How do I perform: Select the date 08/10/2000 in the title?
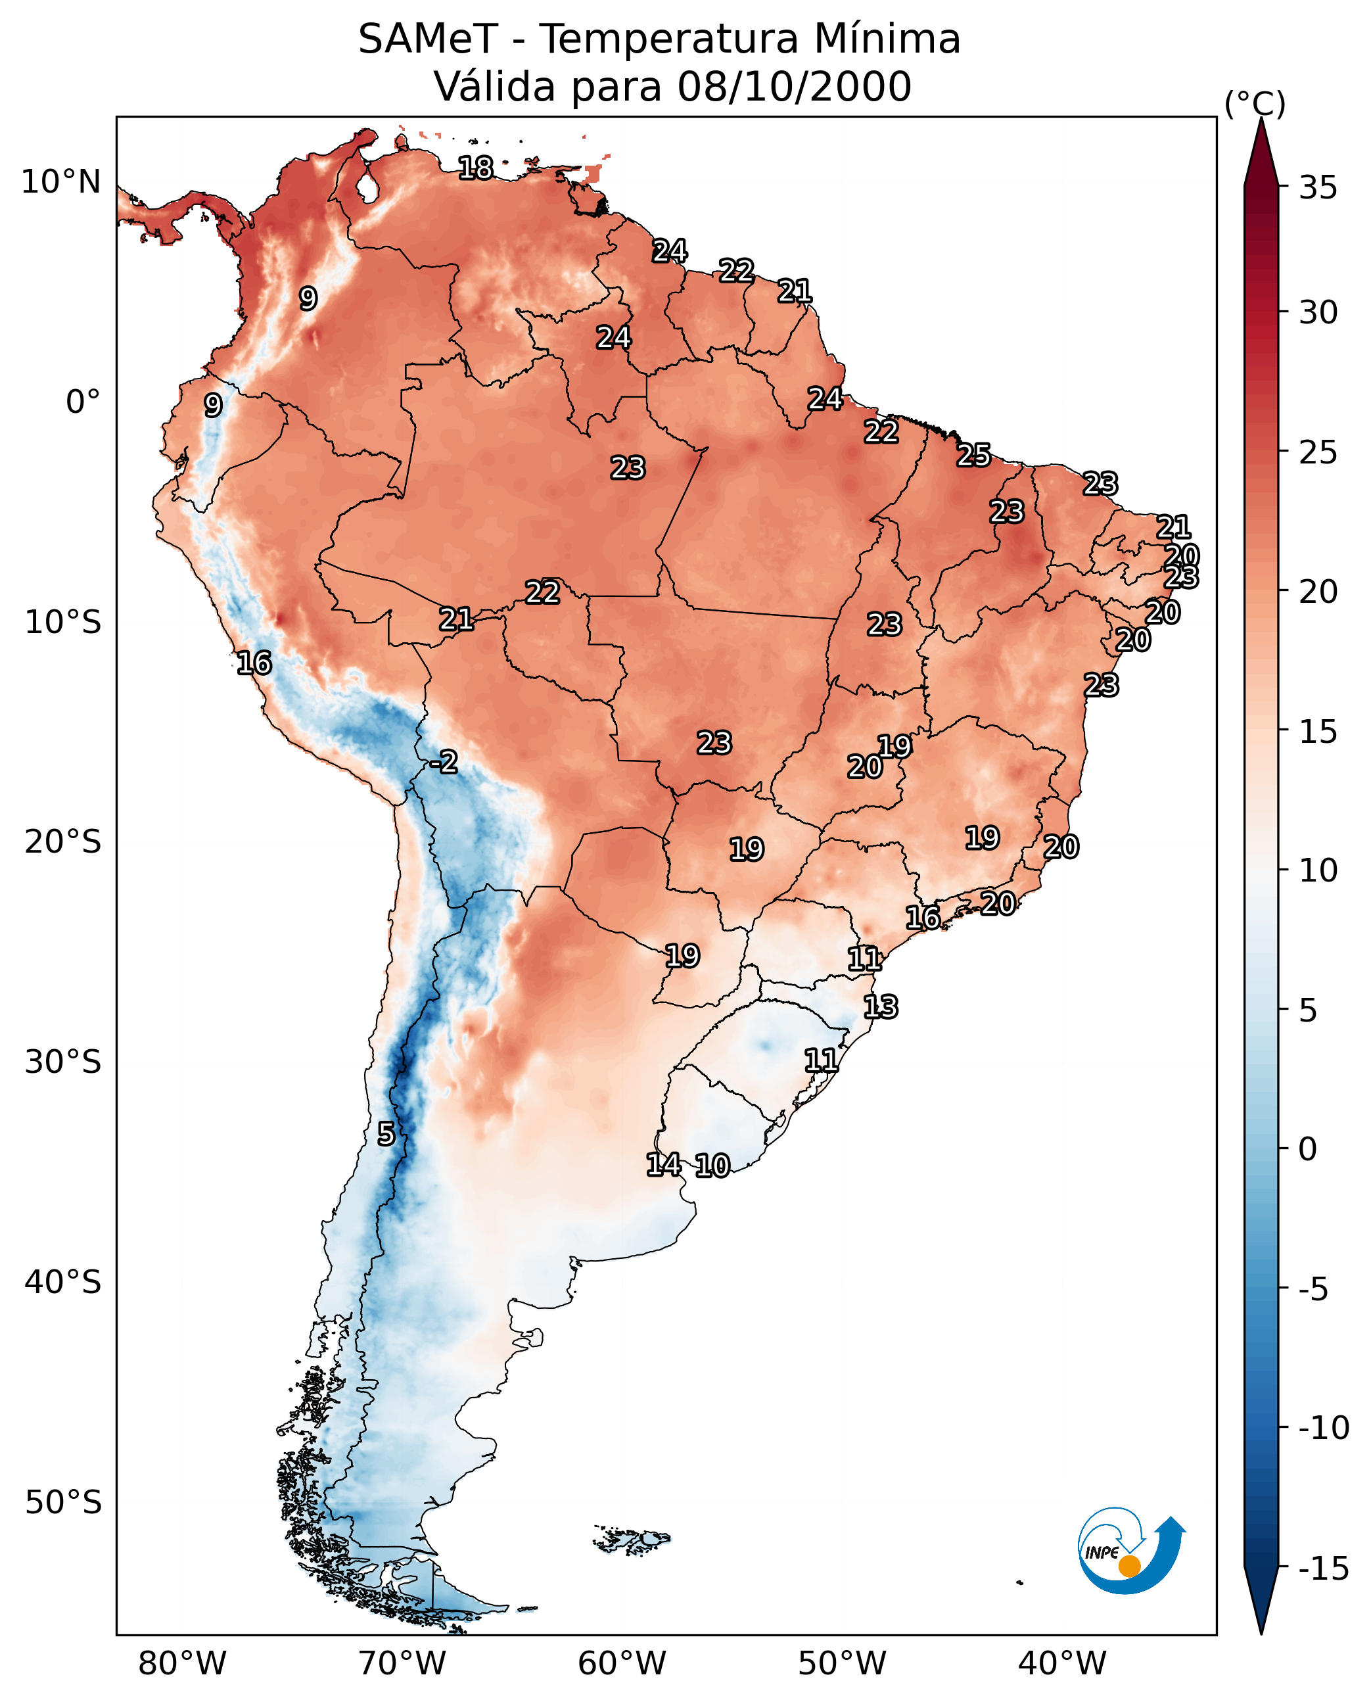[794, 87]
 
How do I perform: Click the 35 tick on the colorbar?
[1318, 188]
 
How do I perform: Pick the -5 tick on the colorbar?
[1313, 1290]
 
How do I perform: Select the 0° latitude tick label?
[83, 402]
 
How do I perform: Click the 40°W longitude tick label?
[1062, 1664]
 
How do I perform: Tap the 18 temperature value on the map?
[475, 168]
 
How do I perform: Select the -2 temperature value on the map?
[444, 763]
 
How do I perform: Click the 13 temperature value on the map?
[881, 1007]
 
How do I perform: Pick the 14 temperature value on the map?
[663, 1164]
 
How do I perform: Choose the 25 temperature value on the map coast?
[974, 456]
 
